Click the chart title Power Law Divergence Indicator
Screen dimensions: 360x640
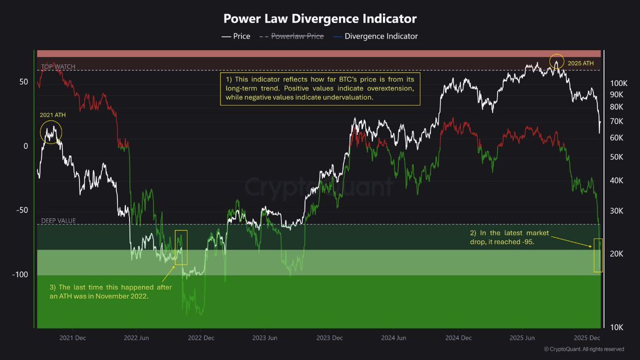coord(320,18)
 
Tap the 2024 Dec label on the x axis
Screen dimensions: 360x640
coord(458,338)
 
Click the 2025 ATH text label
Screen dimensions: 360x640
coord(580,63)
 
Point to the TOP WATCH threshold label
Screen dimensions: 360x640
coord(58,67)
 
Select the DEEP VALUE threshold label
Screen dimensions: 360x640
coord(58,220)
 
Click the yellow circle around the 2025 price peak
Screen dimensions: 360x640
coord(556,61)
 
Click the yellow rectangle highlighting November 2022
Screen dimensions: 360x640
coord(181,247)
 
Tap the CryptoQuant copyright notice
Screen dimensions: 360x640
coord(583,349)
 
